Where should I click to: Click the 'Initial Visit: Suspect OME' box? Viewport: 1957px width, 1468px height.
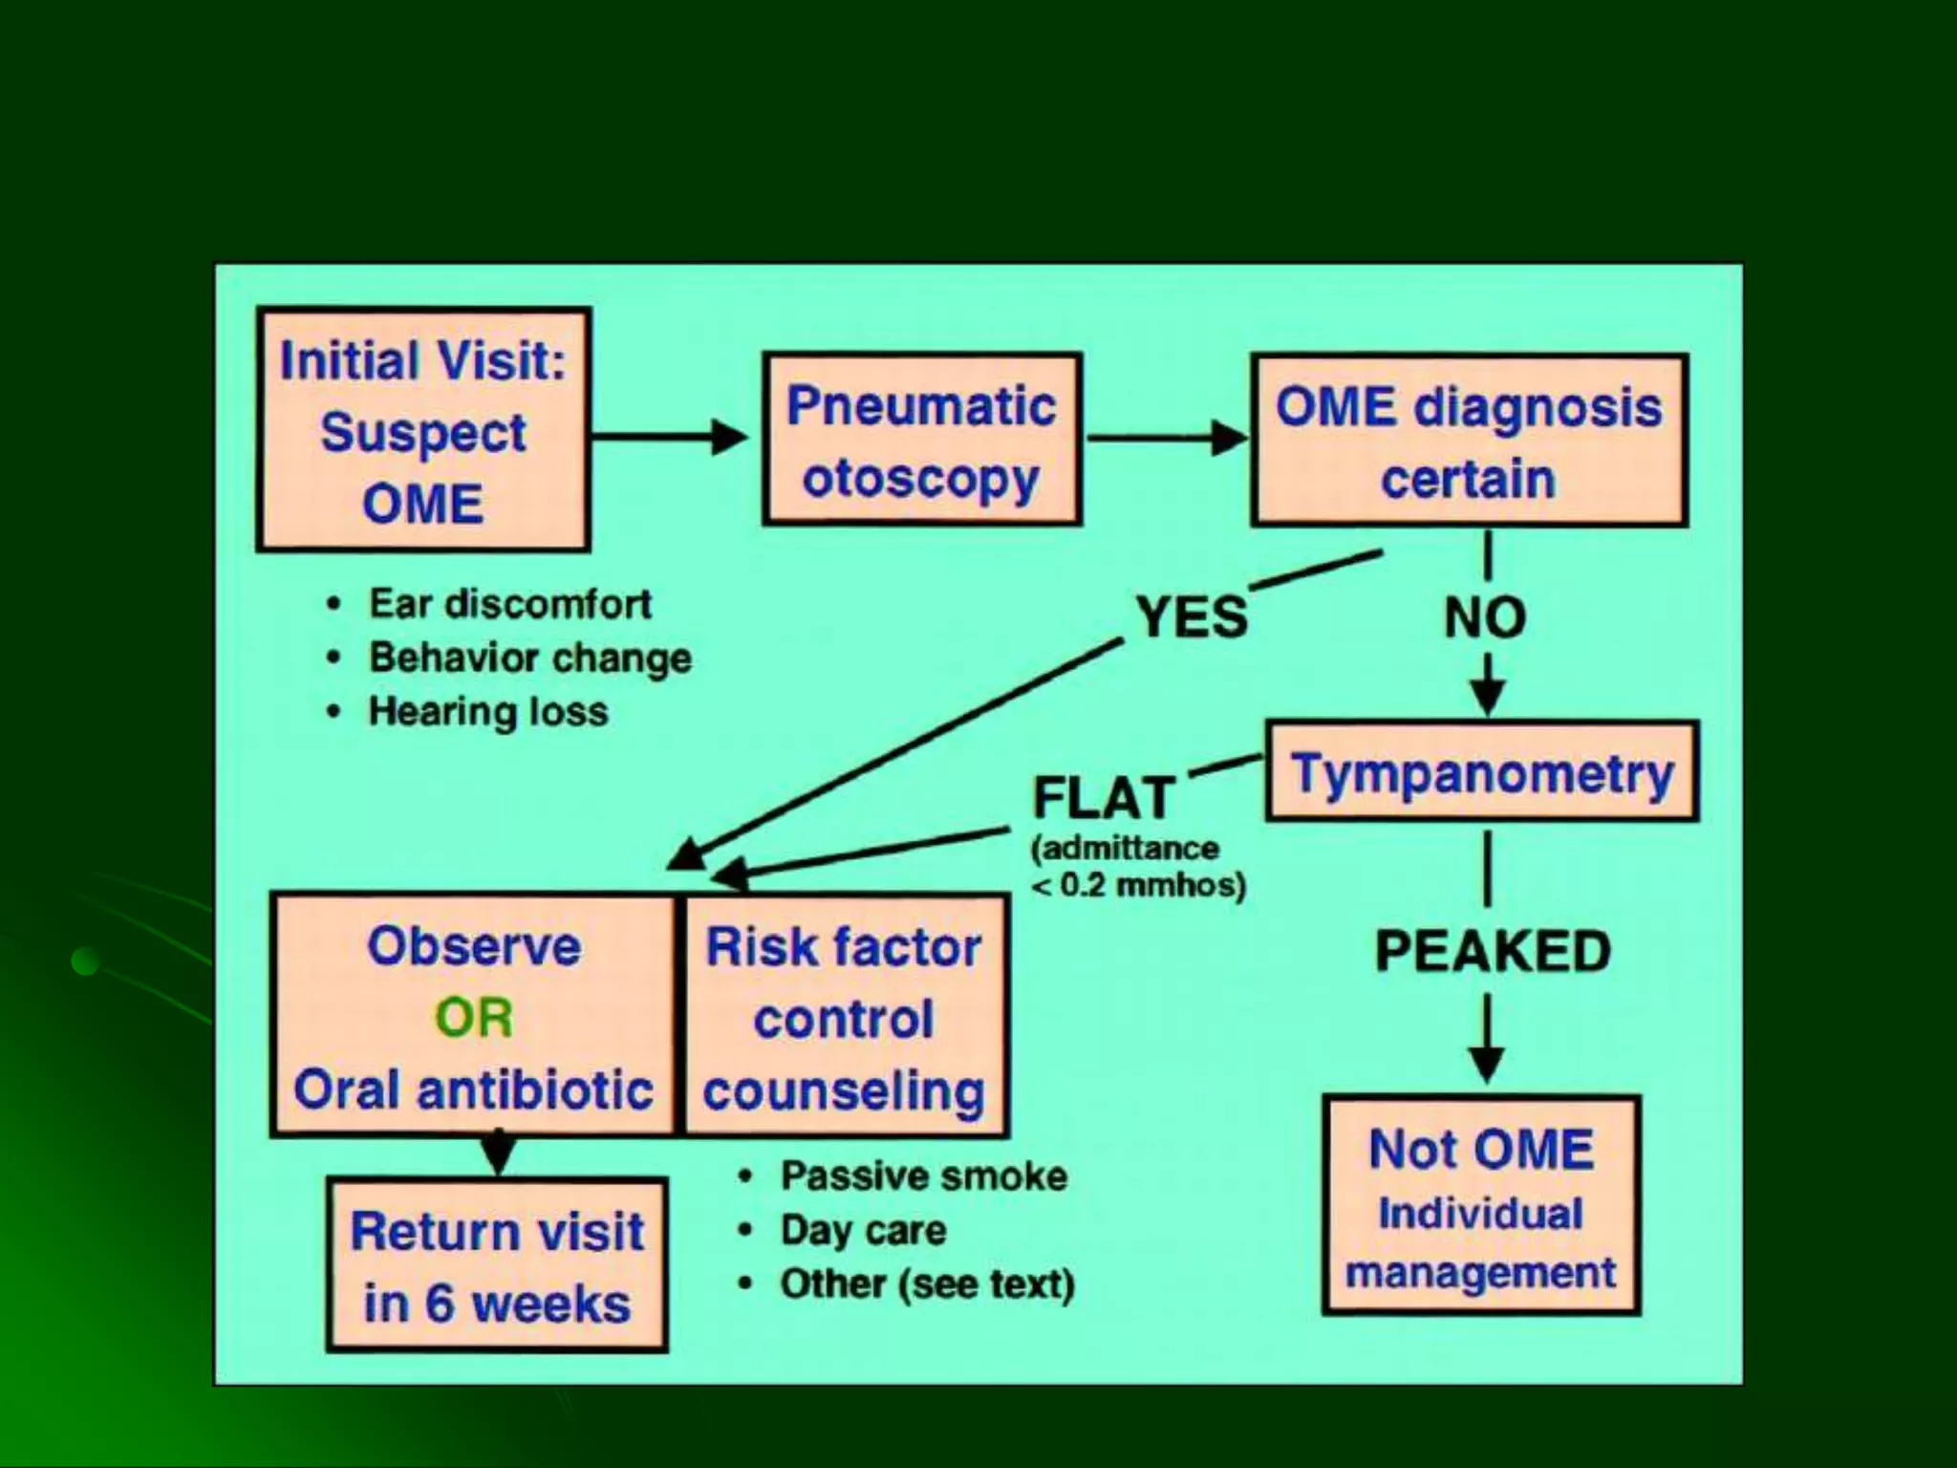point(423,430)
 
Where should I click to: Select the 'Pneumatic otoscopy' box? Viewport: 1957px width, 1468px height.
point(922,440)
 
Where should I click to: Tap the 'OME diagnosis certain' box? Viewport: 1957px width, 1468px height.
point(1469,441)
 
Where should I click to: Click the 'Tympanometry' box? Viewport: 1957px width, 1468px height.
point(1482,772)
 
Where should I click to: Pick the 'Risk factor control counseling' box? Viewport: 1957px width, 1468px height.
point(844,1017)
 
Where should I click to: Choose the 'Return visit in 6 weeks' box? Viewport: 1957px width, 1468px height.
point(497,1265)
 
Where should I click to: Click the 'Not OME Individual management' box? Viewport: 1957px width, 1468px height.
point(1481,1206)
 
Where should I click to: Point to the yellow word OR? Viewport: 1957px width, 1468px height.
point(474,1018)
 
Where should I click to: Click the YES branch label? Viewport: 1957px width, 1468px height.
point(1192,616)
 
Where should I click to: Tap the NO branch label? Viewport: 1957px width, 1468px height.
point(1485,617)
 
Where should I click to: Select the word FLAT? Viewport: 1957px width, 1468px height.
point(1104,798)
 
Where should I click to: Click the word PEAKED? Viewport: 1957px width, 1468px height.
point(1493,952)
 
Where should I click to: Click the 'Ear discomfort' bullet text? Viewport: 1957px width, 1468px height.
point(509,604)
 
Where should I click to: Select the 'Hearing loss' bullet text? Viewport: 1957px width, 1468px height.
point(488,712)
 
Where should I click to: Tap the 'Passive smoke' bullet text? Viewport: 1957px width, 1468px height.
point(923,1177)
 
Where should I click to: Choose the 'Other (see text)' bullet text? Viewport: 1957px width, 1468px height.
point(927,1284)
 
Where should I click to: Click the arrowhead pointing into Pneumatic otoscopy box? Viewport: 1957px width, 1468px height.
point(731,438)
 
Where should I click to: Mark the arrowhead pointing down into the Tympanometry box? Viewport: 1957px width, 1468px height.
point(1487,697)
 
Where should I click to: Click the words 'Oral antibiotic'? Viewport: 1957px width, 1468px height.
point(474,1090)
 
